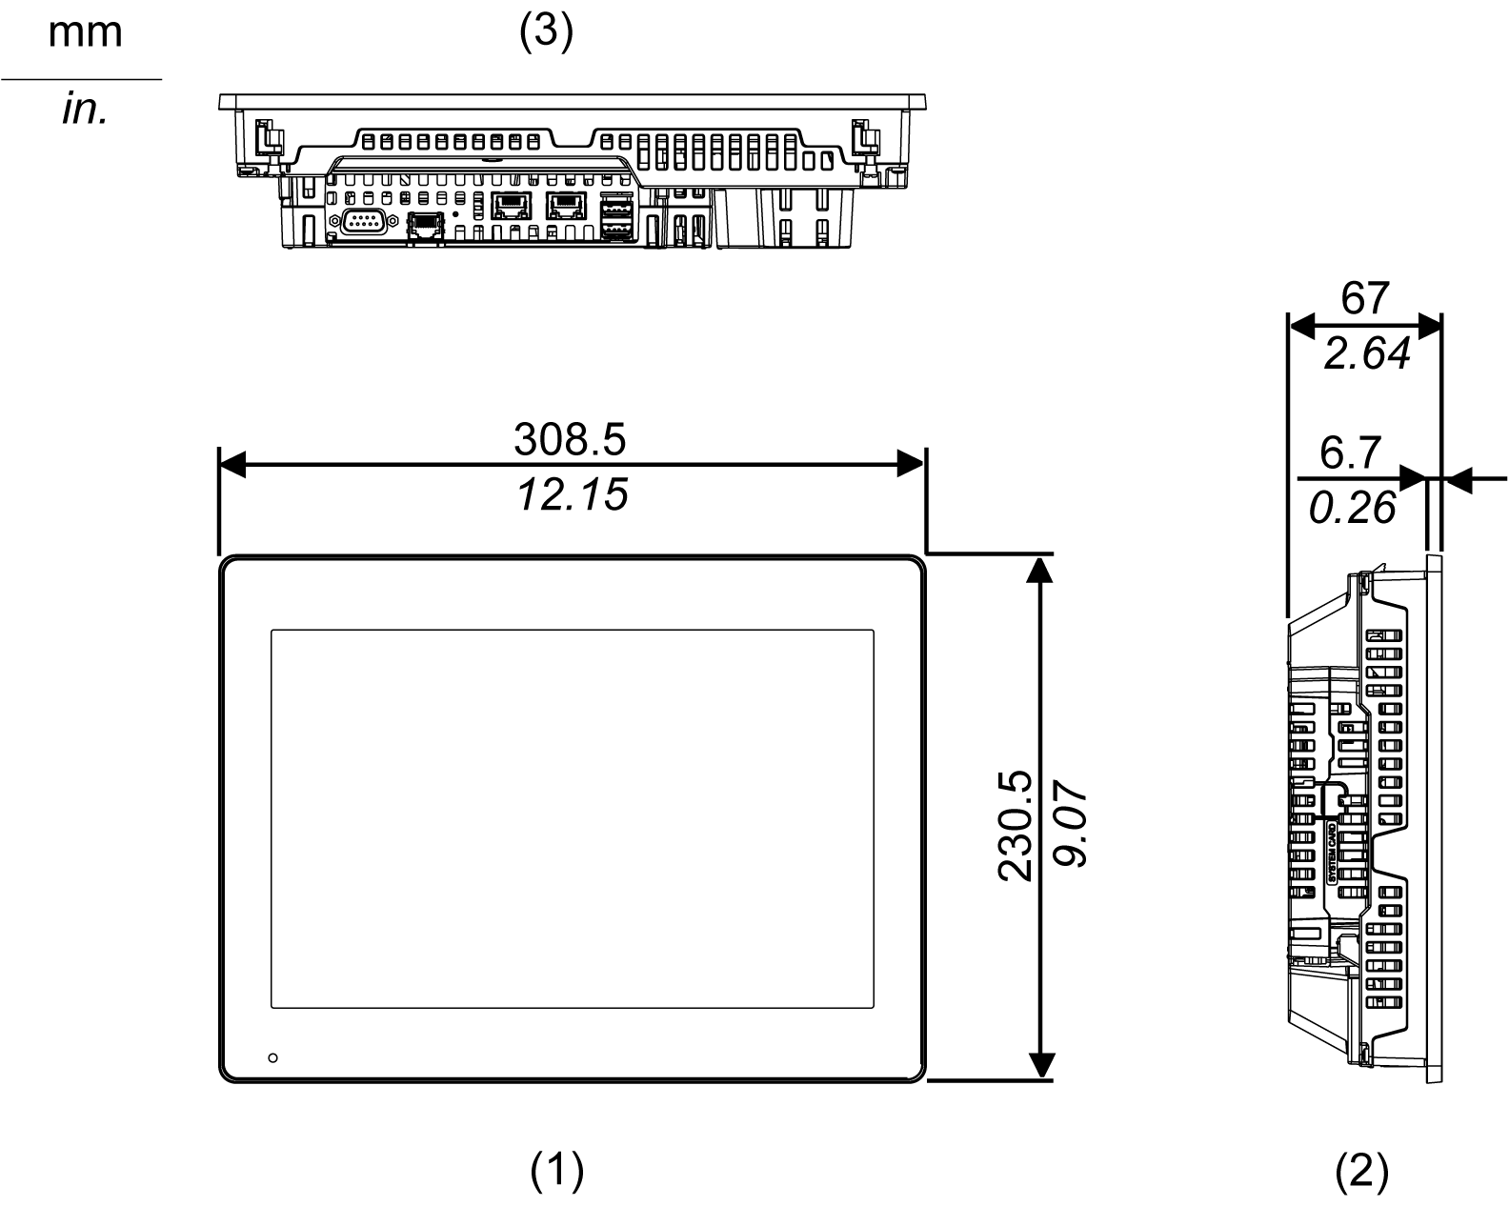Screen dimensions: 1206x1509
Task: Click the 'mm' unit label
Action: [85, 32]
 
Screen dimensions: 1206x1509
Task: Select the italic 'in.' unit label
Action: [85, 111]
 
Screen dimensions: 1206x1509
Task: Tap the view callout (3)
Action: [546, 32]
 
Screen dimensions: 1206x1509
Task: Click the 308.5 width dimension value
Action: [570, 440]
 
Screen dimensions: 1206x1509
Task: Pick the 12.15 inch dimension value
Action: [573, 495]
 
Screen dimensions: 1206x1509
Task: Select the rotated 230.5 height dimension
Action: [1016, 825]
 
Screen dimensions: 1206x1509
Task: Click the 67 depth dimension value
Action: [1364, 299]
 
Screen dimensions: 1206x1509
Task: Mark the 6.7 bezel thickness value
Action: [1351, 453]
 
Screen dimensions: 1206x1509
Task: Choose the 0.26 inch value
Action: [1352, 509]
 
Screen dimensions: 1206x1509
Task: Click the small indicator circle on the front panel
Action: [273, 1058]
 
